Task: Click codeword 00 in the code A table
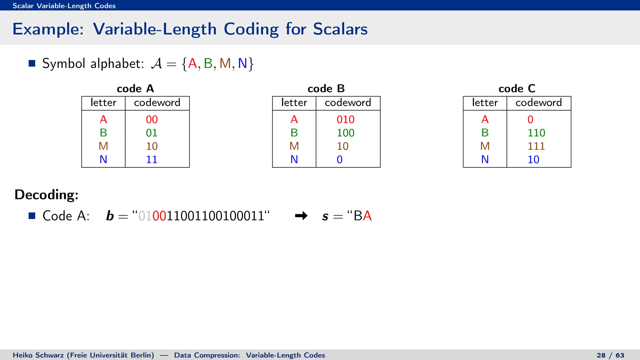tap(152, 119)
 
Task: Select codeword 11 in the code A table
tap(152, 159)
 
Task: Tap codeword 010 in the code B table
tap(345, 119)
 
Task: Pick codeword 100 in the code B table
tap(345, 133)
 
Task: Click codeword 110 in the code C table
tap(536, 133)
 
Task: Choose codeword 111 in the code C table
tap(536, 146)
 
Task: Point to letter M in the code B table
tap(294, 146)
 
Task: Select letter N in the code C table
tap(485, 159)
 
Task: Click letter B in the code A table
tap(103, 133)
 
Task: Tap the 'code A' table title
tap(135, 89)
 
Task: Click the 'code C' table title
tap(517, 89)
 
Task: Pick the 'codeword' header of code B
tap(348, 102)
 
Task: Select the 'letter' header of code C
tap(485, 102)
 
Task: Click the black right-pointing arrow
tap(301, 216)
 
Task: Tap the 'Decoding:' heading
tap(47, 194)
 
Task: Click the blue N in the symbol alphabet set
tap(242, 63)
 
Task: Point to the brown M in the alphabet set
tap(225, 63)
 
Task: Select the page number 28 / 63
tap(610, 355)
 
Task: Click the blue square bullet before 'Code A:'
tap(32, 216)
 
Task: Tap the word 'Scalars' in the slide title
tap(340, 29)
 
